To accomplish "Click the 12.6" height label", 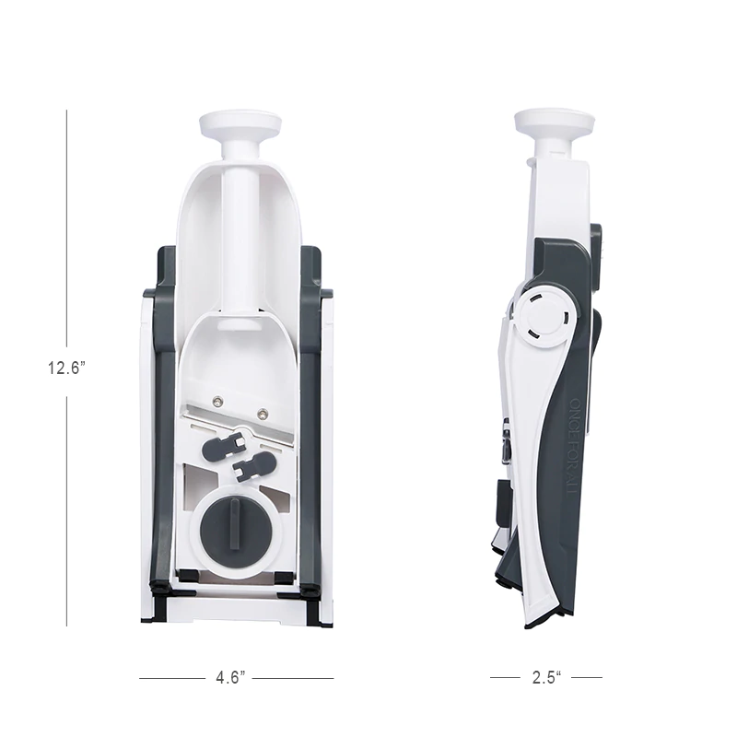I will tap(67, 368).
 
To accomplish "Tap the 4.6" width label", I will tap(229, 678).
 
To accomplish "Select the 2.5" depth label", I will tap(545, 678).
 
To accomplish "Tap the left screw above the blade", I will tap(216, 400).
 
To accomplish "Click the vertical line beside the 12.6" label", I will tap(67, 230).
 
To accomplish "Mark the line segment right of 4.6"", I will tap(293, 679).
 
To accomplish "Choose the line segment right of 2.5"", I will tap(586, 679).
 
